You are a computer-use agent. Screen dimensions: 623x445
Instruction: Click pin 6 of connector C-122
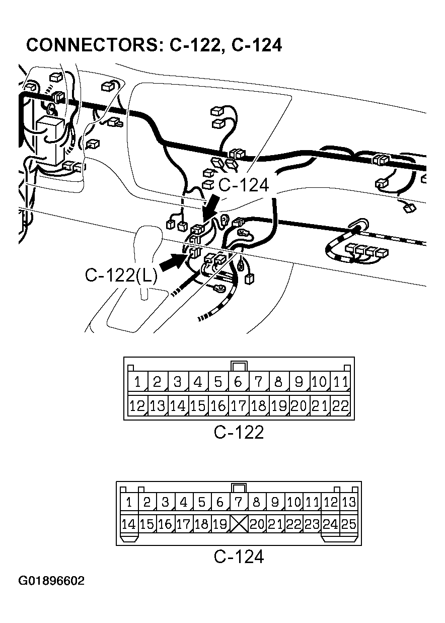point(238,382)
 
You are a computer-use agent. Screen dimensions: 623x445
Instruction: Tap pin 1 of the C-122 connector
point(137,382)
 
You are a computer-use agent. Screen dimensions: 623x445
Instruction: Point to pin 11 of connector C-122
point(341,382)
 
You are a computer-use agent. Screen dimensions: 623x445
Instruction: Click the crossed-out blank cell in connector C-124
point(239,524)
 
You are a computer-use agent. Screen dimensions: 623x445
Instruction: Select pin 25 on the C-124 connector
point(348,524)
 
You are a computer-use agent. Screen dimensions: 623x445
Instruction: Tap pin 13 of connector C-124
point(348,502)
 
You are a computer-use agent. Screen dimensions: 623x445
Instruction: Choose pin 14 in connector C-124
point(129,524)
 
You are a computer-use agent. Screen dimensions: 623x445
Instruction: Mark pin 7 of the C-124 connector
point(239,502)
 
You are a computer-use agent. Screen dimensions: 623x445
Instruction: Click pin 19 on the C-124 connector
point(220,524)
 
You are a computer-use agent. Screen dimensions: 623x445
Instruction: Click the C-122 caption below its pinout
point(239,432)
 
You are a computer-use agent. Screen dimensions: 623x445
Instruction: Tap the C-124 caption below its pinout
point(239,557)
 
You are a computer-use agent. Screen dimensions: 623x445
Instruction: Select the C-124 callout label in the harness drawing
point(244,185)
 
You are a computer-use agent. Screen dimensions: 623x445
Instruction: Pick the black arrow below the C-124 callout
point(210,207)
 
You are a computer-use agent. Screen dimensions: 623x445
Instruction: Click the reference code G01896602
point(52,581)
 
